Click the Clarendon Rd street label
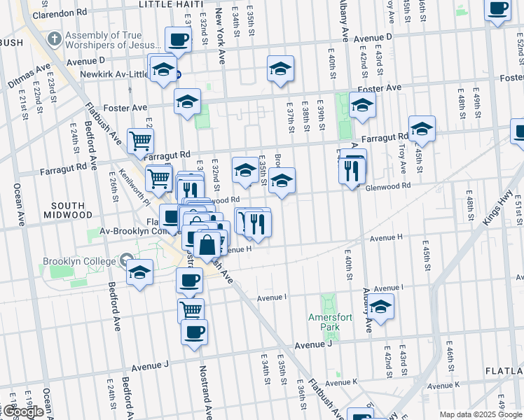coord(59,13)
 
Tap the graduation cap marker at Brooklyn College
coord(140,271)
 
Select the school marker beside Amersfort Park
coord(381,307)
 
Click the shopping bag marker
coord(207,246)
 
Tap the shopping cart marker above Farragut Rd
coord(141,140)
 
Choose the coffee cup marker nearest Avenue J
coord(194,331)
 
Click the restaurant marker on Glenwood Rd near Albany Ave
coord(352,169)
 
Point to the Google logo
coord(23,412)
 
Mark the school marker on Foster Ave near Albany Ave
coord(362,105)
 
